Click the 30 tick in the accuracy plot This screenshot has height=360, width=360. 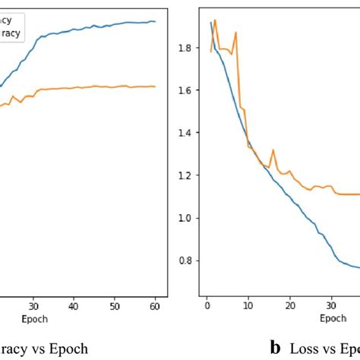(32, 306)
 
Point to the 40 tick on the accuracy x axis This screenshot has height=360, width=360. (73, 306)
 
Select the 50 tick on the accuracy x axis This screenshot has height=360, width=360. (114, 306)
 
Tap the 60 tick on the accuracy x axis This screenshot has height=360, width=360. (155, 306)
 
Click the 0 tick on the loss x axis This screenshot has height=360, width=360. (207, 306)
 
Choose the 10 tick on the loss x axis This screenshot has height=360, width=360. (248, 306)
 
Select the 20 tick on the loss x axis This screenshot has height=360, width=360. (289, 306)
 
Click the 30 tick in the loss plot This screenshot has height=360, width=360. (330, 306)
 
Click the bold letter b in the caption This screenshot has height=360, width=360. (276, 347)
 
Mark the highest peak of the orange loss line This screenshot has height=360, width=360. (215, 20)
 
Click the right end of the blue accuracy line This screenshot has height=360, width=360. (155, 22)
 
